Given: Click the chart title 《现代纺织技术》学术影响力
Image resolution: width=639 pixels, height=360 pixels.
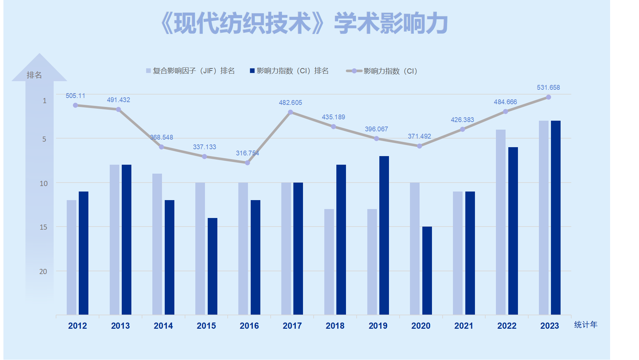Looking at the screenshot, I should coord(304,23).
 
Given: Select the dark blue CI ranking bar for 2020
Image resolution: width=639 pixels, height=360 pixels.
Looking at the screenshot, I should coord(427,270).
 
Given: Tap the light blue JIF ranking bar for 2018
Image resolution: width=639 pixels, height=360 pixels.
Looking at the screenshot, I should coord(329,262).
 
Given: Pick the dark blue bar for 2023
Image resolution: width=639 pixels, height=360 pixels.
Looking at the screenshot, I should coord(555,217).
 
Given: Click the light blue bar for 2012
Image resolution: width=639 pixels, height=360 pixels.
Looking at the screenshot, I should coord(72,257).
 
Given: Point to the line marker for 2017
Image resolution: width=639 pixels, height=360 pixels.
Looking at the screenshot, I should coord(291,112).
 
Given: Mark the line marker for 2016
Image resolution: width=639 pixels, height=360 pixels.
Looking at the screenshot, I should coord(248,163).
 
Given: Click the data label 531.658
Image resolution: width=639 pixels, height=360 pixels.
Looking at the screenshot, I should coord(548,88).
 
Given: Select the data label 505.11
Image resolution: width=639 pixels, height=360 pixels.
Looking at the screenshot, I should coord(75,96).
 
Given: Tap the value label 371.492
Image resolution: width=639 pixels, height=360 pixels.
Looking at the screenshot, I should coord(419,137).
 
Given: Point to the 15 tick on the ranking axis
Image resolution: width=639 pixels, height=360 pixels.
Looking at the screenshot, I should coord(43,227).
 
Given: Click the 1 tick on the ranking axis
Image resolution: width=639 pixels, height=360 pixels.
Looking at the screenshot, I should coord(44,101).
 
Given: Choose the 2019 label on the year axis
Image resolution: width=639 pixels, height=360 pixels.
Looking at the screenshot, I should coord(378,326).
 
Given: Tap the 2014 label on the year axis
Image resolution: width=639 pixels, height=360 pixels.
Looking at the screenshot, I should coord(163,326).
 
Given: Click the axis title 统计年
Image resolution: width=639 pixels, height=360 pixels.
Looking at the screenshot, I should coord(586,325).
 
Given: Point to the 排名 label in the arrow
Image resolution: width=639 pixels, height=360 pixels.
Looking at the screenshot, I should coord(34,75).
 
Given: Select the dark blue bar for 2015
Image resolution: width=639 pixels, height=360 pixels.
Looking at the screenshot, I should coord(213,266).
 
